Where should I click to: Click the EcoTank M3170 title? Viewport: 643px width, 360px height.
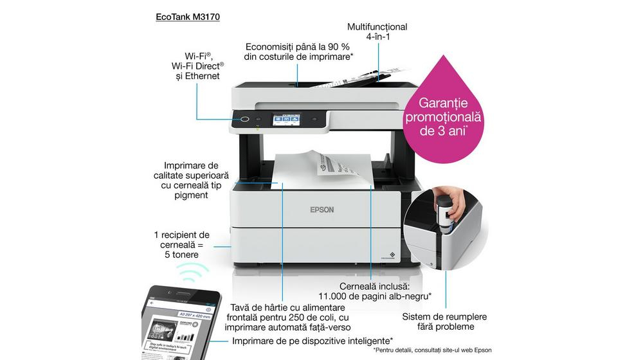tap(188, 17)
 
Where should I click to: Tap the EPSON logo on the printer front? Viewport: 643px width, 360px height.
tap(322, 209)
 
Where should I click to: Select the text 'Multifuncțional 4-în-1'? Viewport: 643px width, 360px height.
tap(377, 32)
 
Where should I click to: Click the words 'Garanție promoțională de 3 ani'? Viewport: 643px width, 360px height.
tap(443, 116)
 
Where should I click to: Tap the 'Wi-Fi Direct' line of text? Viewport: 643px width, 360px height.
tap(197, 66)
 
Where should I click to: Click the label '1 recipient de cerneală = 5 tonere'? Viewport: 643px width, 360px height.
tap(181, 244)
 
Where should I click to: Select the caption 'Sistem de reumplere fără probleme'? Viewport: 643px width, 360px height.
tap(444, 321)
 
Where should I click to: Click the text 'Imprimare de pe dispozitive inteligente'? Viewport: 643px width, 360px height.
tap(312, 340)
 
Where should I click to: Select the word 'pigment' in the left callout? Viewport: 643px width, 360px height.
tap(190, 195)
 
